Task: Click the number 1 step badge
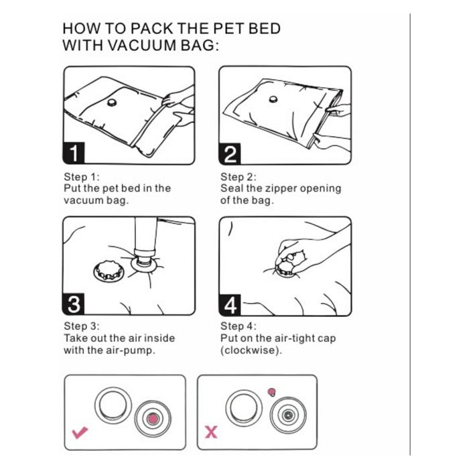(x=74, y=153)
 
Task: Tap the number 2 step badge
(x=230, y=153)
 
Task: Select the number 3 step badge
(x=74, y=304)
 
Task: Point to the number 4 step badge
(x=230, y=305)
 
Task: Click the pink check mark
(x=80, y=433)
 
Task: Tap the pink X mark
(x=211, y=432)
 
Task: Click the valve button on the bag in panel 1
(x=112, y=103)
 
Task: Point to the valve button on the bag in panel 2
(x=273, y=99)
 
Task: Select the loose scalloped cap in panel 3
(x=109, y=271)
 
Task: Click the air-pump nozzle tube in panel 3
(x=145, y=237)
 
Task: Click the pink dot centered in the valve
(x=153, y=419)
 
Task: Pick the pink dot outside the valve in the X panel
(x=271, y=391)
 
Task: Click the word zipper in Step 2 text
(x=277, y=189)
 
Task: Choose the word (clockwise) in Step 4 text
(x=251, y=350)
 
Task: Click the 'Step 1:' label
(x=81, y=176)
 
